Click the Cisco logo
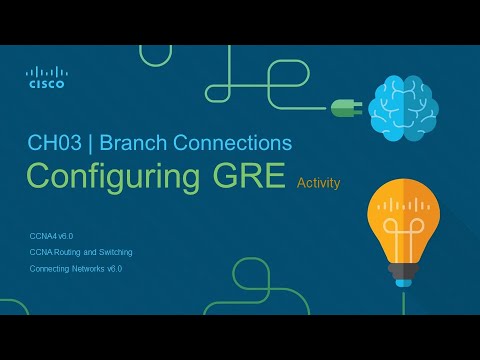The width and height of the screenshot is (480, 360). (45, 77)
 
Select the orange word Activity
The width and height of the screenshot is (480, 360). (319, 182)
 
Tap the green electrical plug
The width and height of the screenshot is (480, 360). (343, 107)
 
